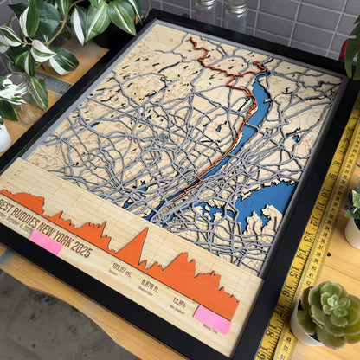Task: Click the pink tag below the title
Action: (45, 243)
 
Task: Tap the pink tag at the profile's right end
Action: (212, 320)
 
